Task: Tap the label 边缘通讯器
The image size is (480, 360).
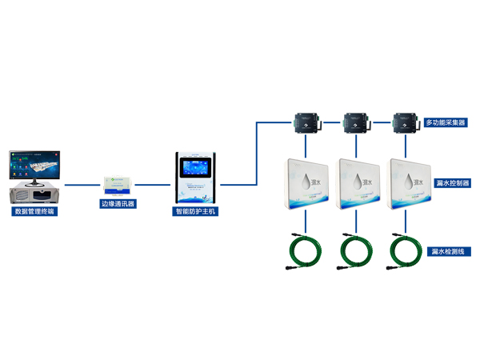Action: coord(118,204)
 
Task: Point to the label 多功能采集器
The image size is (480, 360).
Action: coord(446,123)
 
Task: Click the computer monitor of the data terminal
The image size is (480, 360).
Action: coord(38,165)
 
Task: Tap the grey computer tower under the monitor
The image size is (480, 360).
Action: coord(38,194)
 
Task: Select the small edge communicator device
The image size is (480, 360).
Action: coord(118,182)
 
